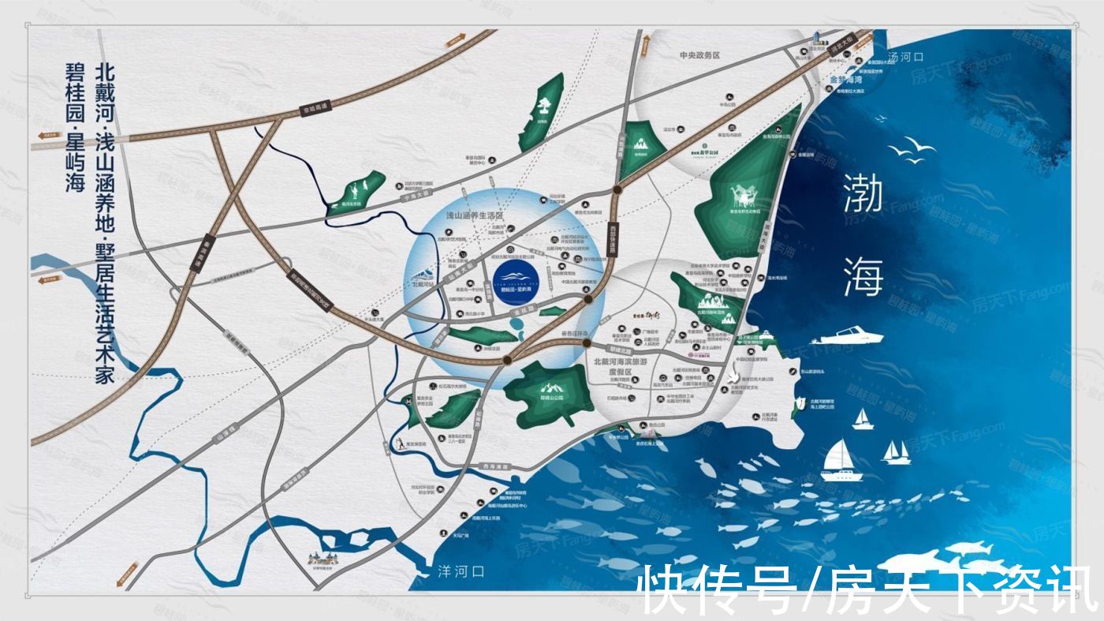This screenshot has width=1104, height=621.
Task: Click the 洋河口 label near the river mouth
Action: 461,570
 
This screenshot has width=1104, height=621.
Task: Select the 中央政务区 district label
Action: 700,55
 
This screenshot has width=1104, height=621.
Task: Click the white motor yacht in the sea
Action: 848,335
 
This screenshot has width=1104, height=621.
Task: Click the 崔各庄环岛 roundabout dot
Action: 587,341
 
